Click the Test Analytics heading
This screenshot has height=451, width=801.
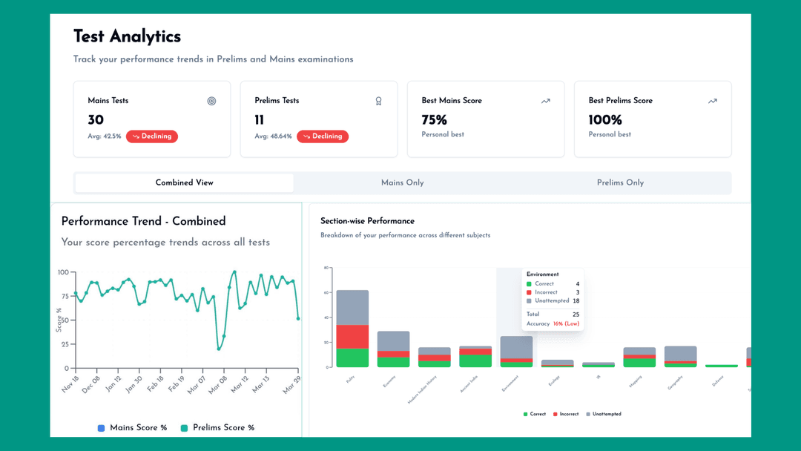pyautogui.click(x=127, y=36)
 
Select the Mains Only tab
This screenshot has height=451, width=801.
pyautogui.click(x=402, y=182)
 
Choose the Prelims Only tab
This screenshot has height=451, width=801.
pyautogui.click(x=620, y=182)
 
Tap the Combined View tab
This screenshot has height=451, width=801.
pyautogui.click(x=185, y=182)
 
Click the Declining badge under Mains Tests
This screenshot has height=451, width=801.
pyautogui.click(x=152, y=136)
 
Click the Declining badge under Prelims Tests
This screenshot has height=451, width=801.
pyautogui.click(x=323, y=136)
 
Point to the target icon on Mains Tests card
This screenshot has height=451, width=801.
pyautogui.click(x=211, y=101)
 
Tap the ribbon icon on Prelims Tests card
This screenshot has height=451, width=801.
pyautogui.click(x=379, y=101)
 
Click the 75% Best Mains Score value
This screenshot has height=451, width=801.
pyautogui.click(x=434, y=120)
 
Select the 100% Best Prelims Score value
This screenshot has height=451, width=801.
pyautogui.click(x=605, y=120)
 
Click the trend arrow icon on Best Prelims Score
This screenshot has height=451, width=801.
pyautogui.click(x=712, y=101)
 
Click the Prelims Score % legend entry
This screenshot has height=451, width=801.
pyautogui.click(x=217, y=428)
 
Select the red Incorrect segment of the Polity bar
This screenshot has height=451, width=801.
pyautogui.click(x=352, y=336)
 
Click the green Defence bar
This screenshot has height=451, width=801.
pyautogui.click(x=721, y=366)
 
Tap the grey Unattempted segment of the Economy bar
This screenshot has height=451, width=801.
pyautogui.click(x=393, y=340)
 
